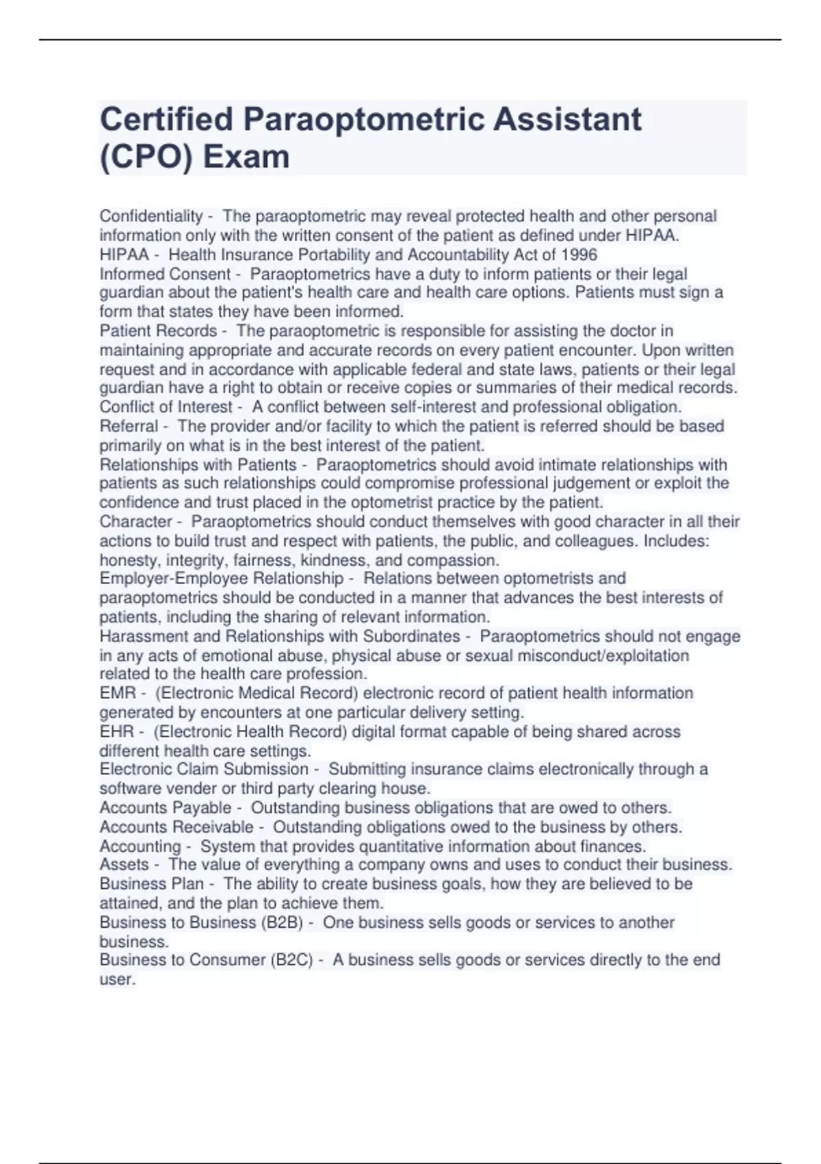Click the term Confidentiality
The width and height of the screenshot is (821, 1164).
pos(151,216)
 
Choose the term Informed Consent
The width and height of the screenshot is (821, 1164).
pos(165,275)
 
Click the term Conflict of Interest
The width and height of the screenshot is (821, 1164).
pos(166,407)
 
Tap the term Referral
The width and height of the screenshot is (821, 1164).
pos(129,427)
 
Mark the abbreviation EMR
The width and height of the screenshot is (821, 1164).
pos(118,694)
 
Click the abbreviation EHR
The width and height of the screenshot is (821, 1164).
pos(117,732)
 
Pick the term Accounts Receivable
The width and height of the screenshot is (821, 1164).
pos(177,827)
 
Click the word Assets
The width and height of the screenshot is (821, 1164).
pos(124,865)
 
